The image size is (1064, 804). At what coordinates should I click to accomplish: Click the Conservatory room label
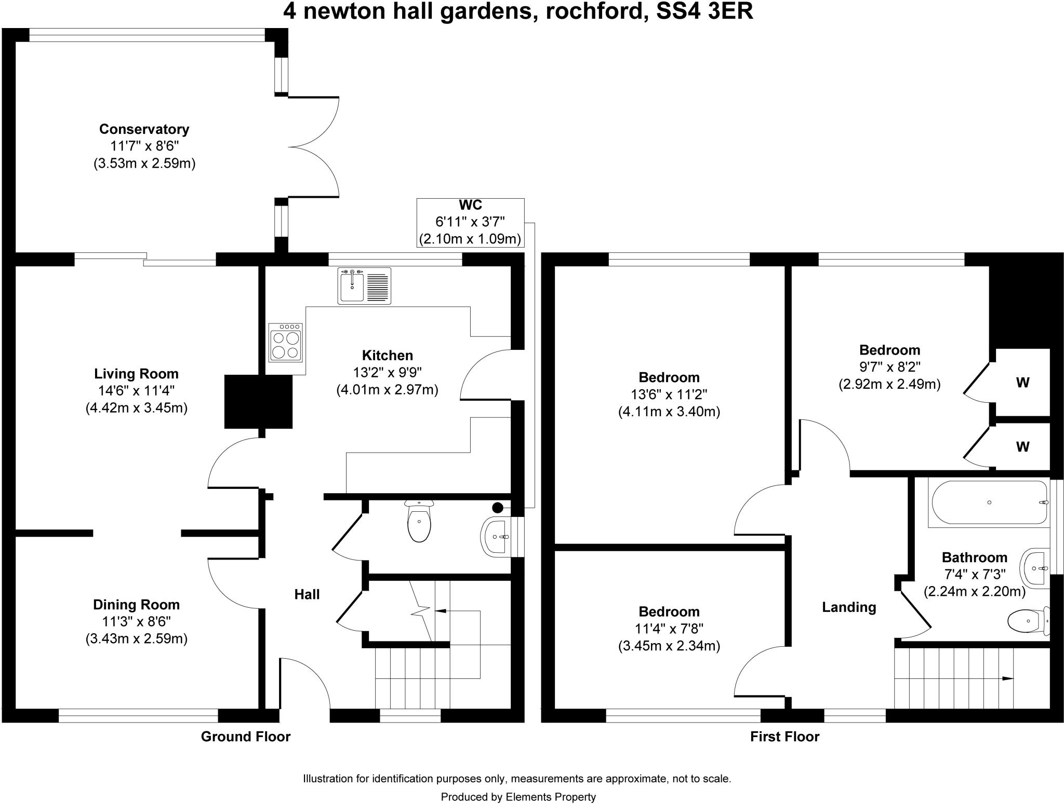coord(144,129)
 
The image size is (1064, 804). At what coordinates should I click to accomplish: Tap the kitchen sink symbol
coord(364,285)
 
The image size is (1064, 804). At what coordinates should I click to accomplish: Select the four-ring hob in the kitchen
coord(285,342)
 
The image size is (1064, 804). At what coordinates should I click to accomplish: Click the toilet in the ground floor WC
coord(419,523)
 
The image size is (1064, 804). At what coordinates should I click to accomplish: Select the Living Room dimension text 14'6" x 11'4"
coord(136,391)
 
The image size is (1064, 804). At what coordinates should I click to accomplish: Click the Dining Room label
coord(136,604)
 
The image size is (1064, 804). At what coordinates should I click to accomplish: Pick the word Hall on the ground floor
coord(307,594)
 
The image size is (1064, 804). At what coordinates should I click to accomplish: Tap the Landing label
coord(848,607)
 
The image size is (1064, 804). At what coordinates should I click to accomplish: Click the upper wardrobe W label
coord(1022,383)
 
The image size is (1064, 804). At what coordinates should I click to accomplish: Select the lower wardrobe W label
coord(1022,446)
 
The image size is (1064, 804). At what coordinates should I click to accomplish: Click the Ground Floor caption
coord(245,736)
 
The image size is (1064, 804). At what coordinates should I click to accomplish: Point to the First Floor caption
coord(784,737)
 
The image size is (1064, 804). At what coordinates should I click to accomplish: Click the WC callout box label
coord(470,205)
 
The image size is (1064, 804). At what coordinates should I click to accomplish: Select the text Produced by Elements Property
coord(518,797)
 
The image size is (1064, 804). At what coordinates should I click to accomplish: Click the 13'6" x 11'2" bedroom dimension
coord(669,394)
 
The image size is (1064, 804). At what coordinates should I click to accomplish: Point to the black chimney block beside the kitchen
coord(258,401)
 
